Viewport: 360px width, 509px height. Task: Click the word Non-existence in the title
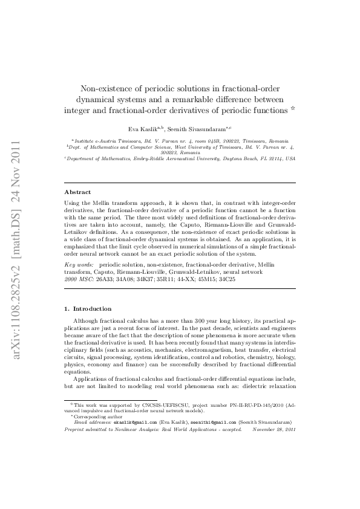pyautogui.click(x=105, y=88)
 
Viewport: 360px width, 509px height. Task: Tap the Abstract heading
pyautogui.click(x=77, y=192)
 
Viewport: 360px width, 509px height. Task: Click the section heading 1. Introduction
pyautogui.click(x=88, y=308)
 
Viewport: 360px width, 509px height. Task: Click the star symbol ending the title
pyautogui.click(x=293, y=109)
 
